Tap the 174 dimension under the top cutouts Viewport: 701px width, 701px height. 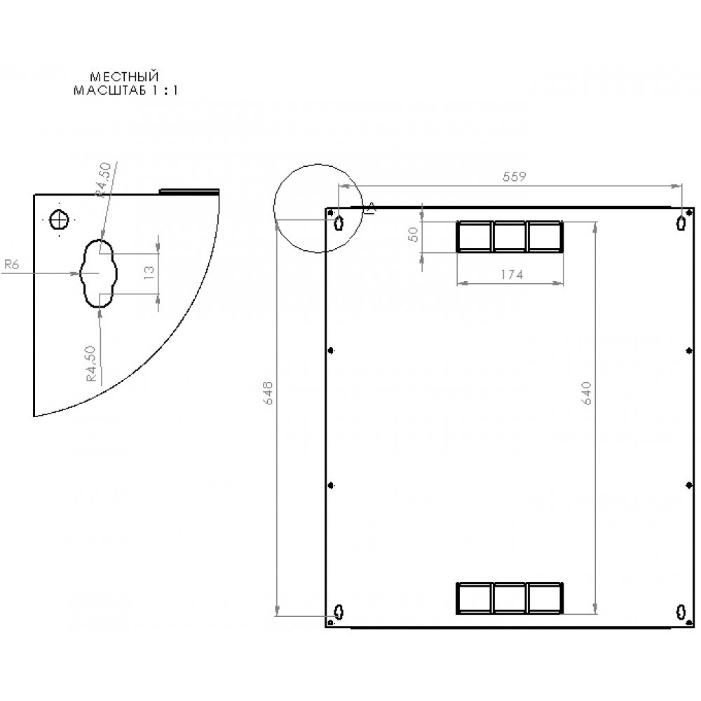(511, 275)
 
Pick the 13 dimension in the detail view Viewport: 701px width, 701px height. (148, 273)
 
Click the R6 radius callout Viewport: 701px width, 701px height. (11, 264)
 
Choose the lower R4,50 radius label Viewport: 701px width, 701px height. (90, 363)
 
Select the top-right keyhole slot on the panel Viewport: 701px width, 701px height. (681, 223)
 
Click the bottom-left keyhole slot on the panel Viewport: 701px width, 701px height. (339, 611)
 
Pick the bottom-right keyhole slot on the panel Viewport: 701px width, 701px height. (681, 611)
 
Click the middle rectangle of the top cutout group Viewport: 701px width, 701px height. (510, 236)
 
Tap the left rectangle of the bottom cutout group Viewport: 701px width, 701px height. (475, 598)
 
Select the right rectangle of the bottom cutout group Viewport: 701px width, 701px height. (545, 598)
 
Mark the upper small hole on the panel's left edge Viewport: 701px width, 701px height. (331, 350)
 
